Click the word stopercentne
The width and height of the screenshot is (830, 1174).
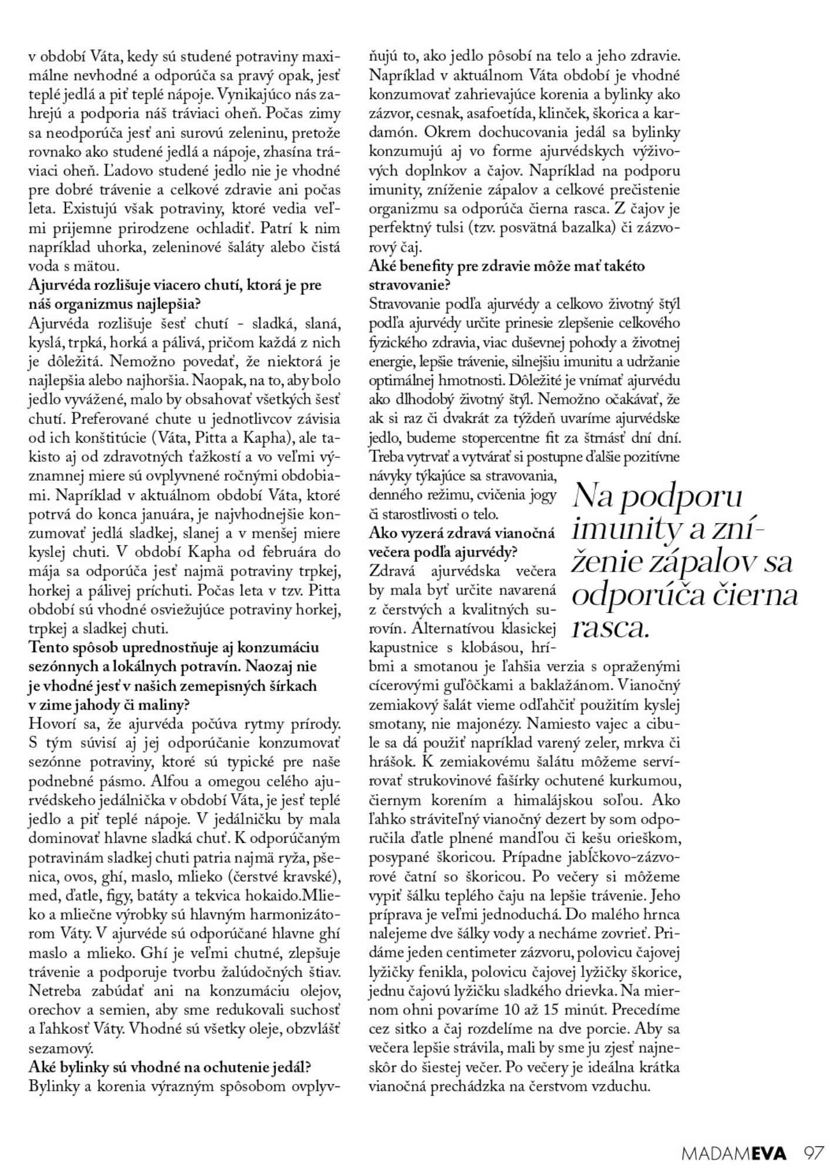[500, 438]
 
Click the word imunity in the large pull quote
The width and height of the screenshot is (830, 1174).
[627, 527]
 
